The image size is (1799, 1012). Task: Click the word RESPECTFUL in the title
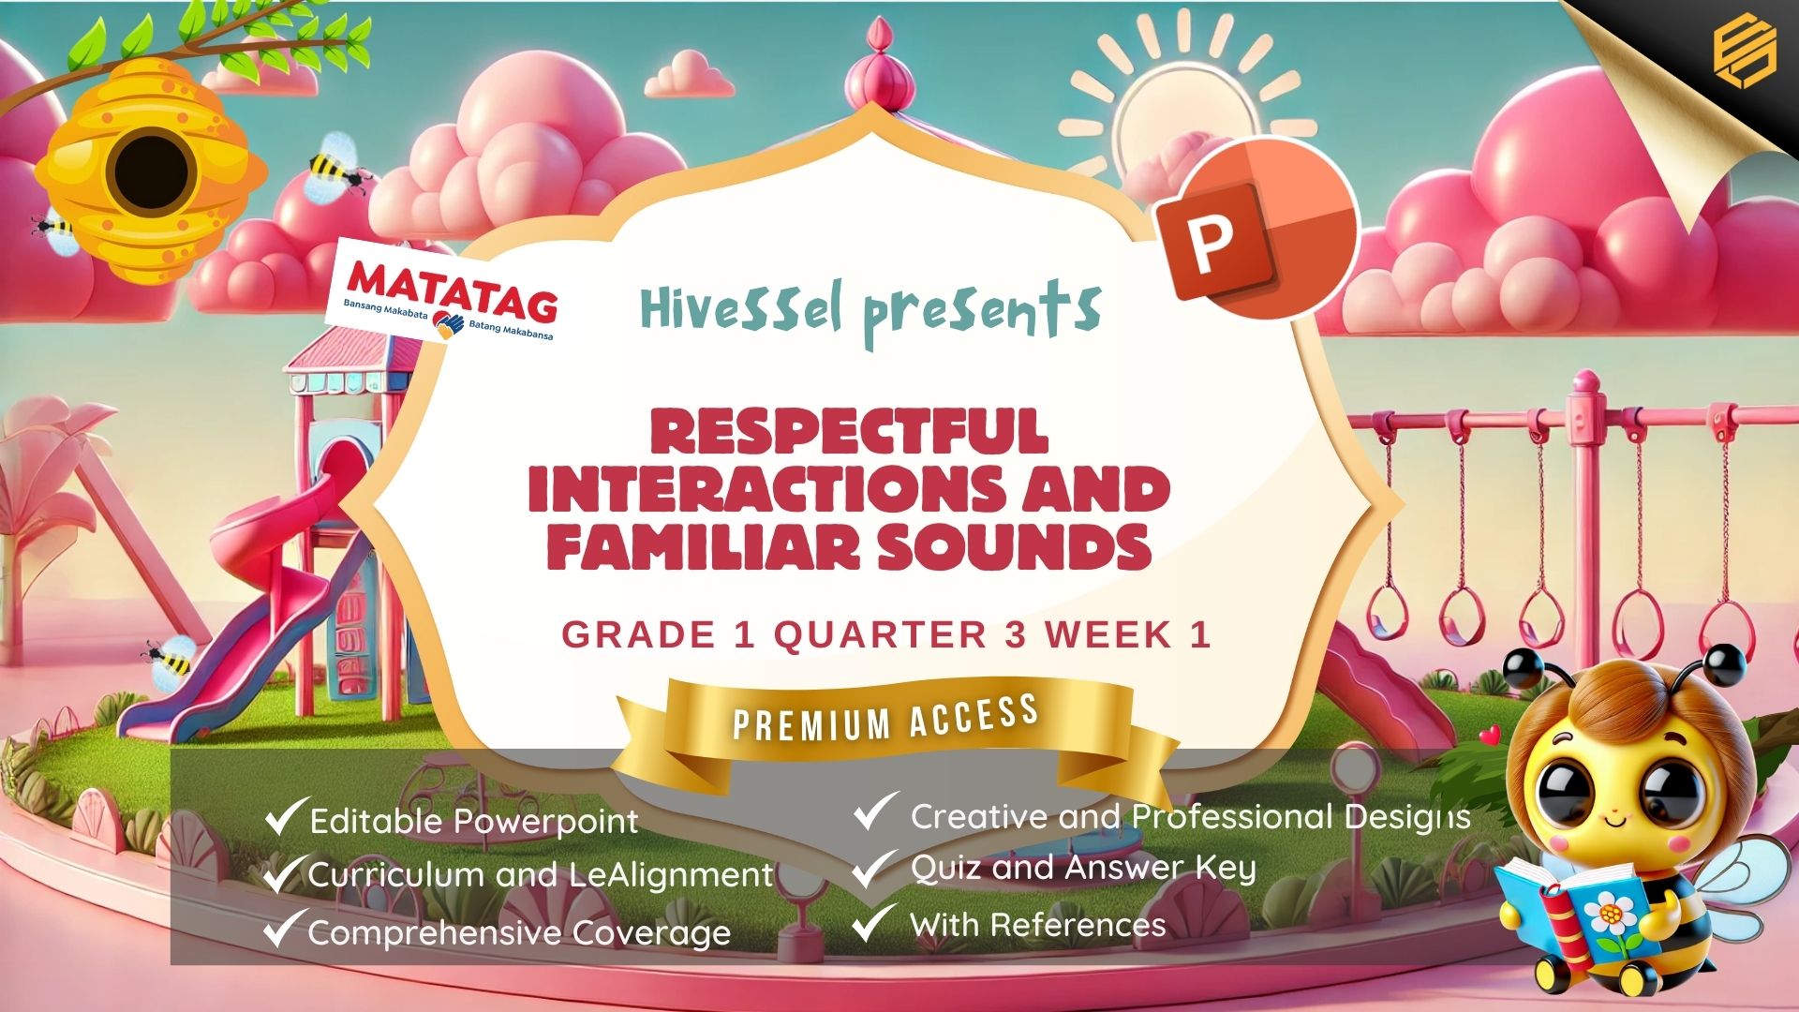click(849, 432)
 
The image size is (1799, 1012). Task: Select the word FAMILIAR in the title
click(703, 545)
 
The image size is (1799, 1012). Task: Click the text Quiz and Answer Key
click(1083, 869)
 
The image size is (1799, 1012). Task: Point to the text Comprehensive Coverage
click(519, 933)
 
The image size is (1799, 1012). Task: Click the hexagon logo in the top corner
click(1745, 52)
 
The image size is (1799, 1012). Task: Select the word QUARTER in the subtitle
click(880, 635)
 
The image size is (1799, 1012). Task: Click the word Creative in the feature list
click(979, 816)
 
